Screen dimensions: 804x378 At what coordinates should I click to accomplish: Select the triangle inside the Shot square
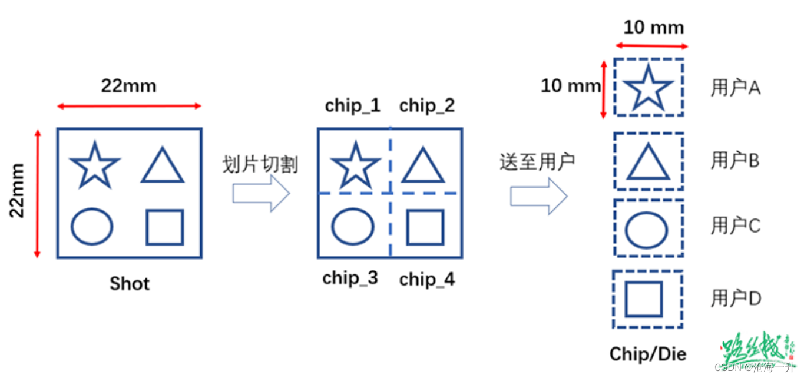[x=163, y=167]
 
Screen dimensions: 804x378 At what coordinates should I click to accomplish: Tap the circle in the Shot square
[x=92, y=226]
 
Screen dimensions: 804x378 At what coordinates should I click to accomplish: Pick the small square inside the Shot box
[x=164, y=227]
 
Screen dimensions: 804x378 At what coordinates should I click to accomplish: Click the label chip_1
[x=352, y=106]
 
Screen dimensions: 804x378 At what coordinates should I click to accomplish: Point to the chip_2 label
[x=427, y=106]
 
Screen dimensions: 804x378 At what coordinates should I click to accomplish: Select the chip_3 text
[x=350, y=278]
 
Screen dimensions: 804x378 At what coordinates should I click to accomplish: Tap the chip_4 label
[x=427, y=279]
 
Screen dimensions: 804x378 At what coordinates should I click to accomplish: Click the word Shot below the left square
[x=130, y=284]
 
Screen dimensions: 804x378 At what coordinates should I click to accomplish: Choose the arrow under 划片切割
[x=260, y=194]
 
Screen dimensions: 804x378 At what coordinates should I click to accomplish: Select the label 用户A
[x=736, y=88]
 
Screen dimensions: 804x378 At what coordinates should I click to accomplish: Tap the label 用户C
[x=736, y=226]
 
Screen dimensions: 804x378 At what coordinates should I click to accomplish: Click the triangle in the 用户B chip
[x=648, y=163]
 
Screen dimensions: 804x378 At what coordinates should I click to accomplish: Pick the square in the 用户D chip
[x=644, y=299]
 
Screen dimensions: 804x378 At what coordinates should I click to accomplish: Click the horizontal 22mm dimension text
[x=129, y=86]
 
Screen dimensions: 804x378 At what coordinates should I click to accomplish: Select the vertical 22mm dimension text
[x=18, y=191]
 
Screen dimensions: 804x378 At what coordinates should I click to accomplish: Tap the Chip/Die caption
[x=648, y=354]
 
